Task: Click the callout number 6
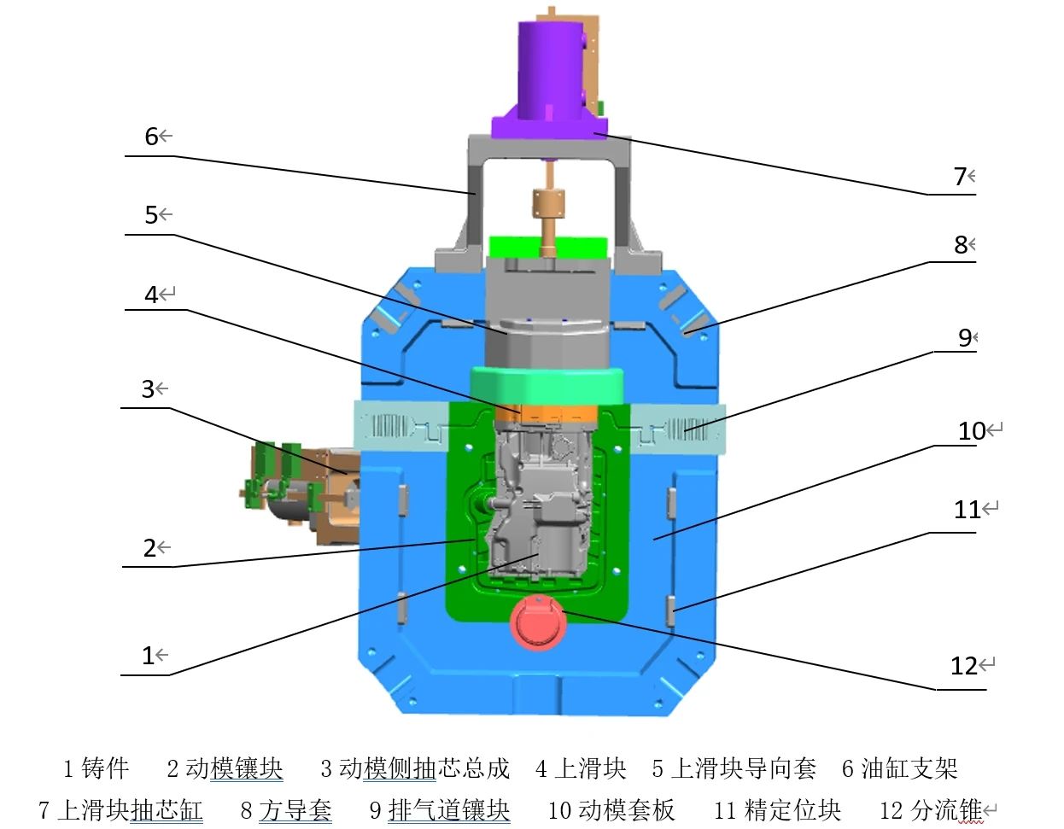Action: coord(151,137)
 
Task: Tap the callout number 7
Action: coord(960,176)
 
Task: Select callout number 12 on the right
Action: coord(964,666)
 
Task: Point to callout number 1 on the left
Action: coord(148,656)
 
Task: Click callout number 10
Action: coord(972,431)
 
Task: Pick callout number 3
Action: coord(148,389)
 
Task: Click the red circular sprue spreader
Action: coord(538,622)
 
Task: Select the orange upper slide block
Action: coord(547,413)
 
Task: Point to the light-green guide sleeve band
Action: coord(546,386)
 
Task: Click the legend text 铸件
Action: coord(105,768)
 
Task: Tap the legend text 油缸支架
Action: coord(909,768)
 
